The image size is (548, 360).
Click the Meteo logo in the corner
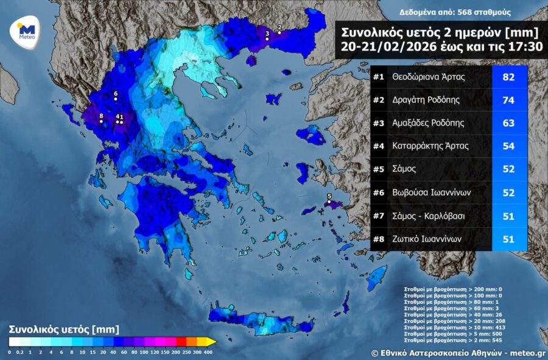click(27, 31)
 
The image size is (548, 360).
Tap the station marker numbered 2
click(279, 33)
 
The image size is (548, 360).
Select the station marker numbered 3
click(267, 39)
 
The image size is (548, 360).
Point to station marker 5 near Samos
click(329, 202)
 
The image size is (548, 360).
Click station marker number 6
click(116, 99)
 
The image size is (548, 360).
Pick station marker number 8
click(101, 121)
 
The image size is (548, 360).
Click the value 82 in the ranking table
click(508, 77)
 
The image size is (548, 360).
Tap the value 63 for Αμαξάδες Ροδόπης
click(508, 123)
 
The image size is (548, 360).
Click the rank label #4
click(379, 146)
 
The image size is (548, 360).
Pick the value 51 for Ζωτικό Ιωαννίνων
click(508, 239)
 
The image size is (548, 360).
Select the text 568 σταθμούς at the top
click(482, 12)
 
